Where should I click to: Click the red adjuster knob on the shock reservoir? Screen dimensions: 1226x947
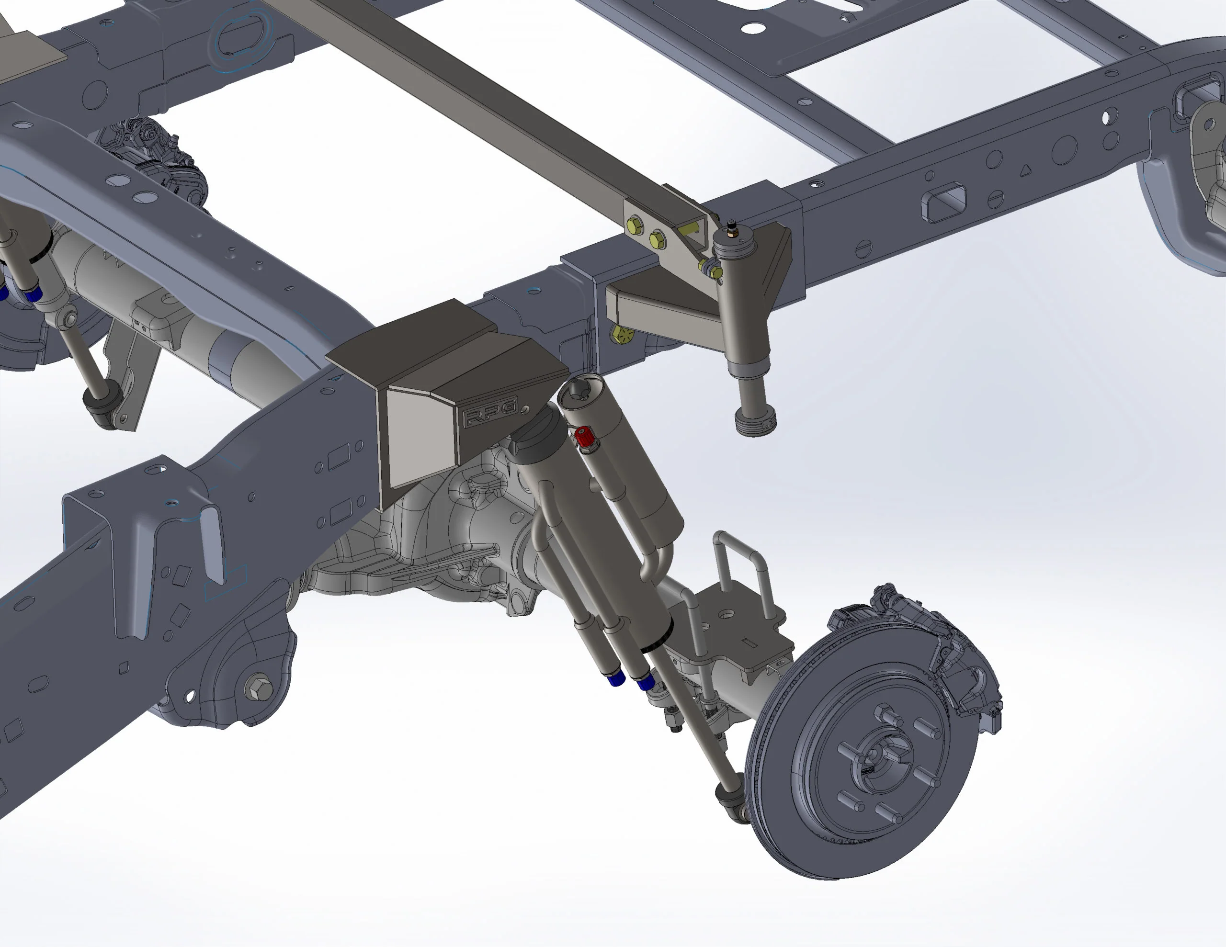tap(584, 437)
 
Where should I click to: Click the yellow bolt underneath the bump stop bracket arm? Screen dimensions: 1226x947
tap(623, 335)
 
